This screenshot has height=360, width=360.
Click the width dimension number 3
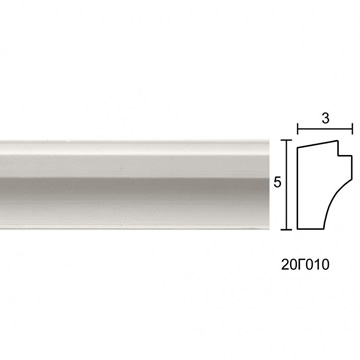tap(325, 118)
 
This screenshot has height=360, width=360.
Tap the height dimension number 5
tap(277, 182)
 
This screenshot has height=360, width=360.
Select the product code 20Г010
tap(305, 265)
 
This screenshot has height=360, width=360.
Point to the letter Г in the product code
tap(301, 265)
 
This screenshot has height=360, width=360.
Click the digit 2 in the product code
tap(285, 265)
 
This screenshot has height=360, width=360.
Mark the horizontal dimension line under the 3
tap(325, 128)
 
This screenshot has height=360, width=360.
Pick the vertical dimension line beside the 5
tap(286, 185)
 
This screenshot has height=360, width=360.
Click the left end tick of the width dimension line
tap(298, 128)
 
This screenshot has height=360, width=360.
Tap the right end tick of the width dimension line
tap(352, 128)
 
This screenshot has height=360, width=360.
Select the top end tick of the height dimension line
tap(286, 140)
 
